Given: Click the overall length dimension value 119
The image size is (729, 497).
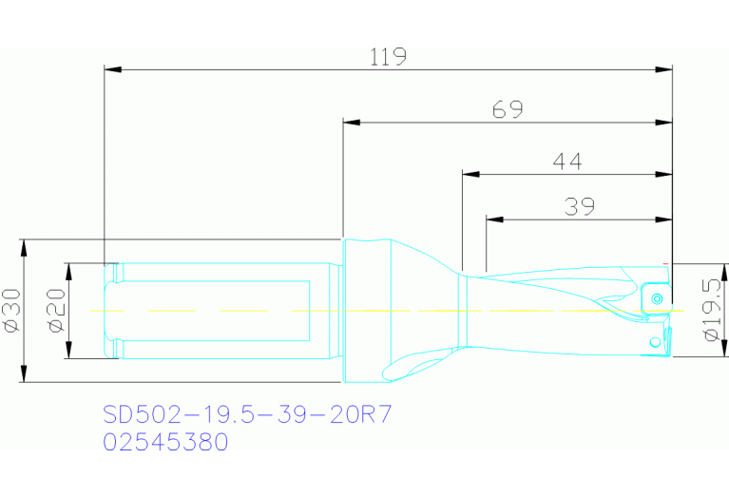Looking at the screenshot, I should pyautogui.click(x=389, y=56).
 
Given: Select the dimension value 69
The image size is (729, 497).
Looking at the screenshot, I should pyautogui.click(x=508, y=109).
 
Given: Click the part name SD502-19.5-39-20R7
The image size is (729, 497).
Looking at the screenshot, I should pyautogui.click(x=247, y=414).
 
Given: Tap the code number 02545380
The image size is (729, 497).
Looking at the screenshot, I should pyautogui.click(x=165, y=442).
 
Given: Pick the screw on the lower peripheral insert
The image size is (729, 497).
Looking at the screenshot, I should pyautogui.click(x=653, y=340).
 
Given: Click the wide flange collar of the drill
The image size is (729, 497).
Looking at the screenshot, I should pyautogui.click(x=366, y=309).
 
